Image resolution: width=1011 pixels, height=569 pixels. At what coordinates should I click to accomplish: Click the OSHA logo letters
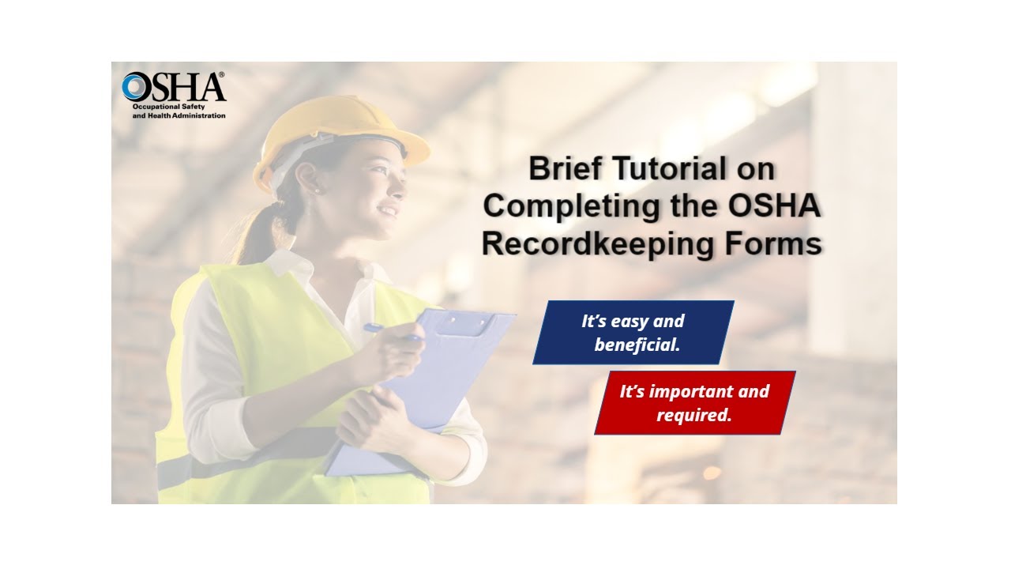coord(174,87)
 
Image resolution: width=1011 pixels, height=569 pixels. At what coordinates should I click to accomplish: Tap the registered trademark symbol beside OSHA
coord(221,75)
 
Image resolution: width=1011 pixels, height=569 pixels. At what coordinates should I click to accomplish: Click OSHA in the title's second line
coord(774,207)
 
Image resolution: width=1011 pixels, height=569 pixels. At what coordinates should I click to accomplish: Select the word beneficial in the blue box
coord(637,345)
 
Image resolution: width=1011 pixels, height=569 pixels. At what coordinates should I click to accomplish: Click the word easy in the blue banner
coord(633,322)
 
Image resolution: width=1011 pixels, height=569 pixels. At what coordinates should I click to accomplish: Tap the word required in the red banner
coord(693,415)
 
